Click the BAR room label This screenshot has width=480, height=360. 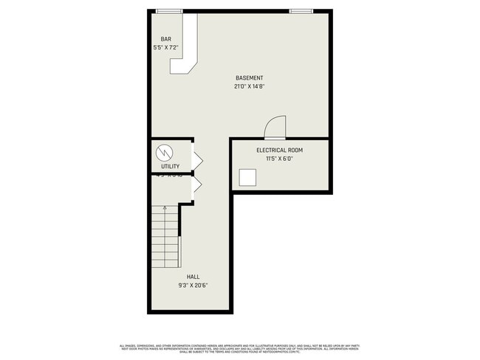(x=166, y=39)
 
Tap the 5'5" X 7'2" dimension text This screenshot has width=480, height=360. (x=166, y=47)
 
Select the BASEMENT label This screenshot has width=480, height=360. (x=249, y=78)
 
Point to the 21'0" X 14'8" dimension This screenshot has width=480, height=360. (x=249, y=86)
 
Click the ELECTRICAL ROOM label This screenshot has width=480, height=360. (x=279, y=150)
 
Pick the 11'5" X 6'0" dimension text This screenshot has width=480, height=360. (x=279, y=158)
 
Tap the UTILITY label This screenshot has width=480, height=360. (x=170, y=167)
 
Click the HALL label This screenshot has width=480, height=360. (x=193, y=277)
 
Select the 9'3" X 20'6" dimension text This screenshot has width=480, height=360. (x=193, y=285)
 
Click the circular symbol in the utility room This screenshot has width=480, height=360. (x=165, y=153)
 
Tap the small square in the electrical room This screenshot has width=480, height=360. (x=248, y=178)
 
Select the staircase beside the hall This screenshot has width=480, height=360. (x=165, y=238)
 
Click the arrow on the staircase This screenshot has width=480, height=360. (x=165, y=209)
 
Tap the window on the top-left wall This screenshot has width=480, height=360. (x=169, y=11)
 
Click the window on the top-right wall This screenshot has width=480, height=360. (x=300, y=11)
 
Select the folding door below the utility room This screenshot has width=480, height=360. (x=197, y=186)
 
